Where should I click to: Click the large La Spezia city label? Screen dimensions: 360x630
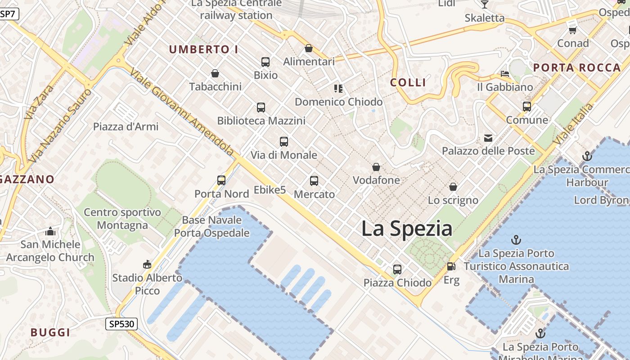[407, 229]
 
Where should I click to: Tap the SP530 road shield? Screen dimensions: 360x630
[121, 324]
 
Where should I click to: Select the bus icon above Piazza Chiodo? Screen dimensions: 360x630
[397, 270]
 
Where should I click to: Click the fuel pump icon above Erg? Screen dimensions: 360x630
[451, 266]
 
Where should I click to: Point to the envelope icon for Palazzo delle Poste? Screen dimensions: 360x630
[488, 138]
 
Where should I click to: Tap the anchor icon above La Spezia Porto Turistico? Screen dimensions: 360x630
[516, 240]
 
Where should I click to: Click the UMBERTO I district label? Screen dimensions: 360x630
[204, 49]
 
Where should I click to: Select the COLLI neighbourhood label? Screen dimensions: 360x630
[408, 82]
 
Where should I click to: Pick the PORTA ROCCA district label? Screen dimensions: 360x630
[577, 68]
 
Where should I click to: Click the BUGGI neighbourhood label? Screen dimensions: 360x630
[50, 333]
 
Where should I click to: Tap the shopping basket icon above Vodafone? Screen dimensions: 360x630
[376, 167]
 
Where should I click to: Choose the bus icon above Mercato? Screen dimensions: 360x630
[314, 181]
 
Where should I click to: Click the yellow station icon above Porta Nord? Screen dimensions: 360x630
[221, 180]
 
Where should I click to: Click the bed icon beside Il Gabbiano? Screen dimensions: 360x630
[505, 74]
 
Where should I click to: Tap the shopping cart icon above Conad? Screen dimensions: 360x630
[572, 31]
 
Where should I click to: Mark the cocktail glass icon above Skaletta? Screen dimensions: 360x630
[484, 4]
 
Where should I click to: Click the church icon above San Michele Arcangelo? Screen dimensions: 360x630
[50, 232]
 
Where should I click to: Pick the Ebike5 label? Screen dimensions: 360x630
[270, 190]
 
